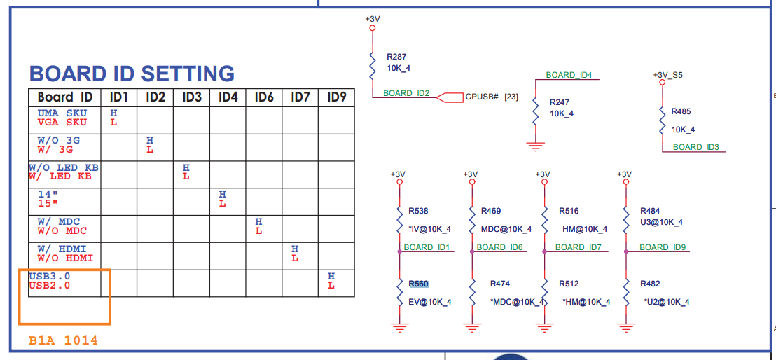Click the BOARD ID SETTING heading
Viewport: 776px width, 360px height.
pos(132,74)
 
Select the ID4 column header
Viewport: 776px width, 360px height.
pos(228,97)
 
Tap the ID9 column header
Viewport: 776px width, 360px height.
pos(337,97)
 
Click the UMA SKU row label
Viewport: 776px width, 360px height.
pos(62,113)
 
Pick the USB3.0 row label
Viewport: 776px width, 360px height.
pos(50,276)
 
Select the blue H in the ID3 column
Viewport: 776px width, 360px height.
pos(186,167)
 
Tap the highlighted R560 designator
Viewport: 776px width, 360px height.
pos(418,284)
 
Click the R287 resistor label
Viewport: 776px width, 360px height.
pos(396,57)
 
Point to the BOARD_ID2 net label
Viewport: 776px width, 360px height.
pos(406,93)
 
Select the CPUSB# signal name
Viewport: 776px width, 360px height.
pos(482,97)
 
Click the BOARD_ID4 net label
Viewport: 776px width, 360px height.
pos(569,75)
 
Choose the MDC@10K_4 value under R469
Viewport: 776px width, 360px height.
pos(506,229)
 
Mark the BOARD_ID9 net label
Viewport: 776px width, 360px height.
pos(663,247)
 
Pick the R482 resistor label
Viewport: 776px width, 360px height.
pos(651,284)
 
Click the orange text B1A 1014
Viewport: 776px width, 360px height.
pos(63,340)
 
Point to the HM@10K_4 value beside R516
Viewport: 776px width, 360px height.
pos(585,229)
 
